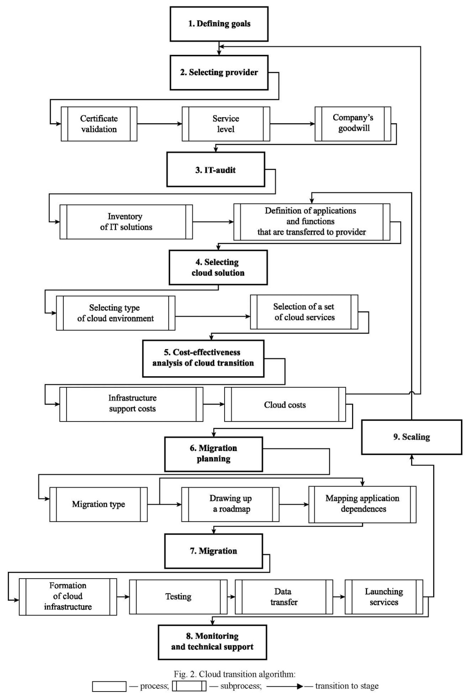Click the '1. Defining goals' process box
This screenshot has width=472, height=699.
coord(219,24)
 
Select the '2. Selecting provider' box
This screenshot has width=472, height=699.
coord(219,72)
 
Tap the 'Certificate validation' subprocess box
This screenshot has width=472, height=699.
coord(99,124)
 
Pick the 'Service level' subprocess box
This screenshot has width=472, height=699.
coord(226,124)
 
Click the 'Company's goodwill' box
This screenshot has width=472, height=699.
coord(353,124)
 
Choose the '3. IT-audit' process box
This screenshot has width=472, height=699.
coord(216,170)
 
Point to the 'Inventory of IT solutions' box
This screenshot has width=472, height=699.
coord(126,222)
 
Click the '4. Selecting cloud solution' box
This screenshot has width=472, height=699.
coord(218,268)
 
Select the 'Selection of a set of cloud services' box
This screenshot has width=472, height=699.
coord(304,312)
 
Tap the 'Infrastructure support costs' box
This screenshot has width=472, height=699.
coord(131,404)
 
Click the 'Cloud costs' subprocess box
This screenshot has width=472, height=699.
coord(285,404)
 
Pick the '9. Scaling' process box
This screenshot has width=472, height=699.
coord(412,437)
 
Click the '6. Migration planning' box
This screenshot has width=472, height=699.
coord(214,454)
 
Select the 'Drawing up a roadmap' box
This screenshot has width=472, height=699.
coord(230,504)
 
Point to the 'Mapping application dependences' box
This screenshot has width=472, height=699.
coord(362,504)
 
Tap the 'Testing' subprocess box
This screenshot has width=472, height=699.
coord(178,597)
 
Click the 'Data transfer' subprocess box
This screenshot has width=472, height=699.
coord(284,597)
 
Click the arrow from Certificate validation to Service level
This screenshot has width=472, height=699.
coord(160,124)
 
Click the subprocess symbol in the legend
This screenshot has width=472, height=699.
coord(189,686)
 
